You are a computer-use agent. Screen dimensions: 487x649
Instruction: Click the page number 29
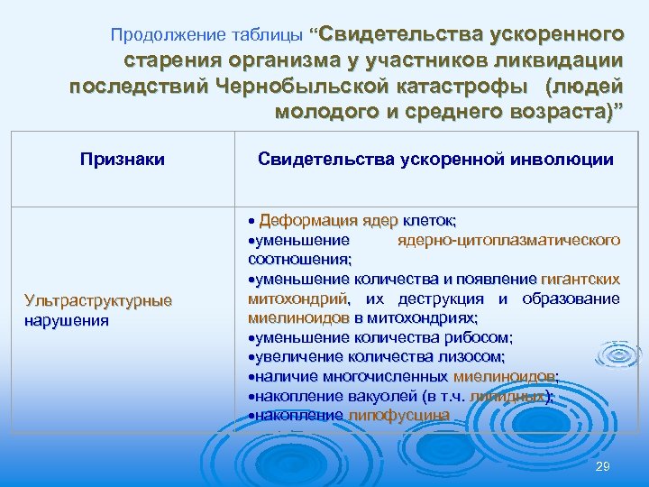(x=603, y=465)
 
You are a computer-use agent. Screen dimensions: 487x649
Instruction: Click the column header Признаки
(x=122, y=160)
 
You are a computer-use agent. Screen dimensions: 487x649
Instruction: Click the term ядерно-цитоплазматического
(x=507, y=240)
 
